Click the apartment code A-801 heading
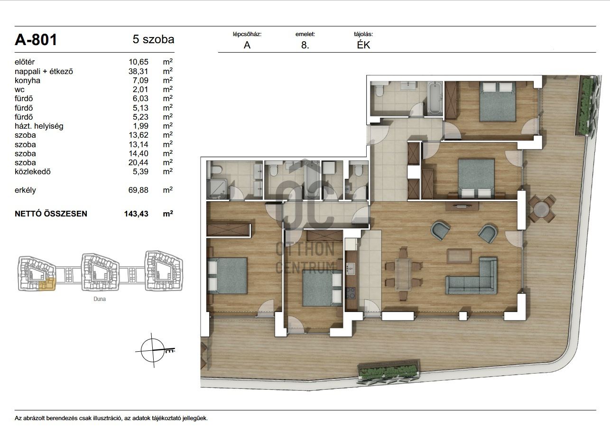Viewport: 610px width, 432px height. coord(36,39)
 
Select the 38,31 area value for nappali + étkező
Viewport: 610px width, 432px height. coord(139,71)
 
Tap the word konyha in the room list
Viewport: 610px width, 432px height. coord(28,81)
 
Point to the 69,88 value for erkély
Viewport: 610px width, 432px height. coord(139,190)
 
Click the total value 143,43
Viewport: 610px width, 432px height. coord(136,214)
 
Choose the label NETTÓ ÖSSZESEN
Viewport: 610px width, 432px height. coord(51,214)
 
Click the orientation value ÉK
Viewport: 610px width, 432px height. coord(363,45)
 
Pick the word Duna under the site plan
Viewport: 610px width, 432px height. coord(100,299)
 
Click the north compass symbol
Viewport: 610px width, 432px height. coord(153,350)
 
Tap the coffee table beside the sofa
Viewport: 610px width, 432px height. coord(459,256)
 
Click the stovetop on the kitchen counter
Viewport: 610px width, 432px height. coord(351,293)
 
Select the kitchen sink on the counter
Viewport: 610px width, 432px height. coord(351,269)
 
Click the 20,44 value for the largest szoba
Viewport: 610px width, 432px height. coord(139,163)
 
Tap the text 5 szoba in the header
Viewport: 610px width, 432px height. coord(153,39)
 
